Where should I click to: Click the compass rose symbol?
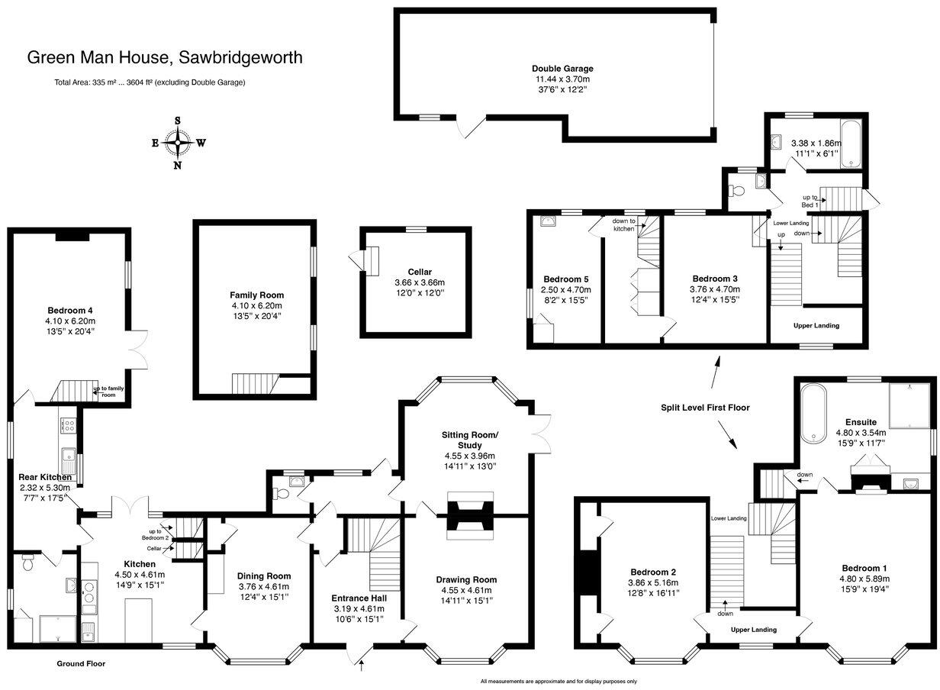178,142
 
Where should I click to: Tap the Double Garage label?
562,69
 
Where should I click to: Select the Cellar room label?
420,272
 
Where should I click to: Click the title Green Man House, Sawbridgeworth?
165,57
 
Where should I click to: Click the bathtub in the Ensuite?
813,411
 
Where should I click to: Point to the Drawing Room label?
466,579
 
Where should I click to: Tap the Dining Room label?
263,576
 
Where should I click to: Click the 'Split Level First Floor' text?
705,408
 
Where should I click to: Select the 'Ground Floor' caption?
81,663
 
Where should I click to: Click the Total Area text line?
150,82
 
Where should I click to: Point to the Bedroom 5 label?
565,279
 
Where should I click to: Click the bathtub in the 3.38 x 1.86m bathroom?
849,145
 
